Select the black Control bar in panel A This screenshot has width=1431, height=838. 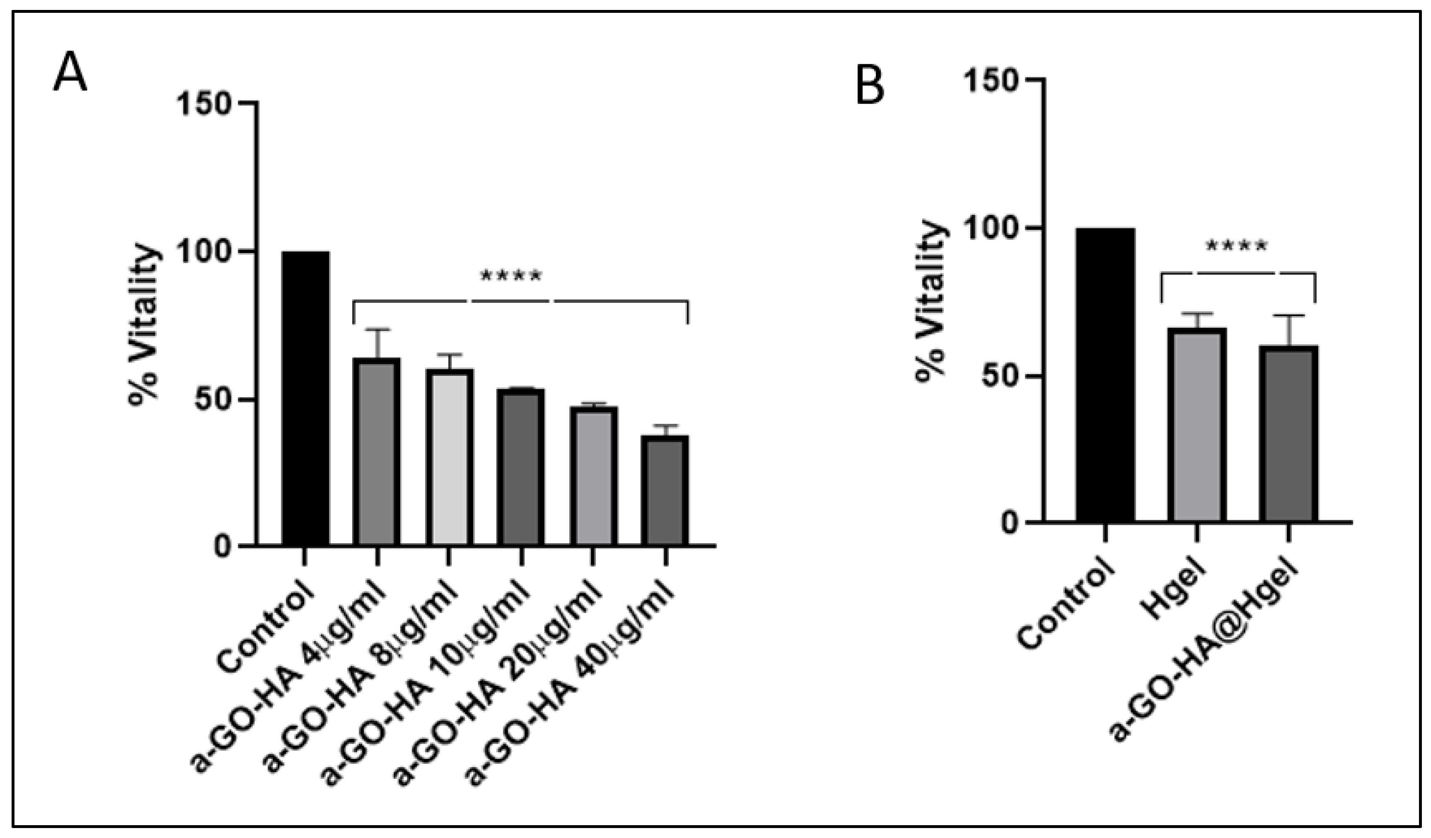(305, 398)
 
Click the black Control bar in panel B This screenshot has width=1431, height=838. (1105, 375)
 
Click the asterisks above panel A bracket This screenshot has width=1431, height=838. (511, 277)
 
